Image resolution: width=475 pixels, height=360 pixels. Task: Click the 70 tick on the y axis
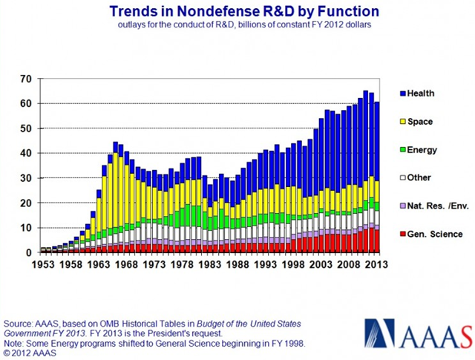(24, 79)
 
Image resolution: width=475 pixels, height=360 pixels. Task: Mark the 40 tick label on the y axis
(24, 153)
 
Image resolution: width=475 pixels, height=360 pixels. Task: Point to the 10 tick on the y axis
(24, 227)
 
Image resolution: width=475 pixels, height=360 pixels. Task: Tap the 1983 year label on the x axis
(186, 264)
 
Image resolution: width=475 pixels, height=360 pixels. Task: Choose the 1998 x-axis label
(257, 264)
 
